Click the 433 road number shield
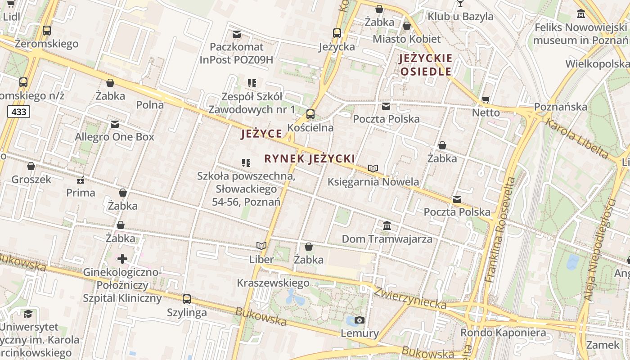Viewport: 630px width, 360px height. [x=18, y=112]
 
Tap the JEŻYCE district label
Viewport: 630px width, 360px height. [x=262, y=134]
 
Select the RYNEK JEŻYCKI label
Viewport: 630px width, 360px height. [x=310, y=158]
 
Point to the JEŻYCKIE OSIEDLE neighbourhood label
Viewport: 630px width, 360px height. [x=426, y=65]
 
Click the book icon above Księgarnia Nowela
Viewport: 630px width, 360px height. [x=373, y=169]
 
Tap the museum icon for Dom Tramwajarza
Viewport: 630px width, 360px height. [x=387, y=225]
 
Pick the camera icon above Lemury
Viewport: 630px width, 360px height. [x=360, y=320]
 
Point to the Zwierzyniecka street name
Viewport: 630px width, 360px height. [x=409, y=298]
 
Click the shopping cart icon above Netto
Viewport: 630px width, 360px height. [x=486, y=99]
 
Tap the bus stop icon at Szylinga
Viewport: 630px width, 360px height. [x=187, y=299]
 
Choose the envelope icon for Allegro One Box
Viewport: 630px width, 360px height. [x=115, y=124]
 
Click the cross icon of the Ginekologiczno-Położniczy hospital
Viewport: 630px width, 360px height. [x=122, y=259]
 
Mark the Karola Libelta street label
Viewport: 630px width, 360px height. [x=577, y=138]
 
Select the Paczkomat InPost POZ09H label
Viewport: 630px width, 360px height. [x=236, y=53]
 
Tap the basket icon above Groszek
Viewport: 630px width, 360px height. [x=31, y=166]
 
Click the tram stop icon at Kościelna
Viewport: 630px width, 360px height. [x=310, y=114]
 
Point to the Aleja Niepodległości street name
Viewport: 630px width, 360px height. [x=601, y=250]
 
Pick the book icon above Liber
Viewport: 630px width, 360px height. [x=261, y=246]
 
